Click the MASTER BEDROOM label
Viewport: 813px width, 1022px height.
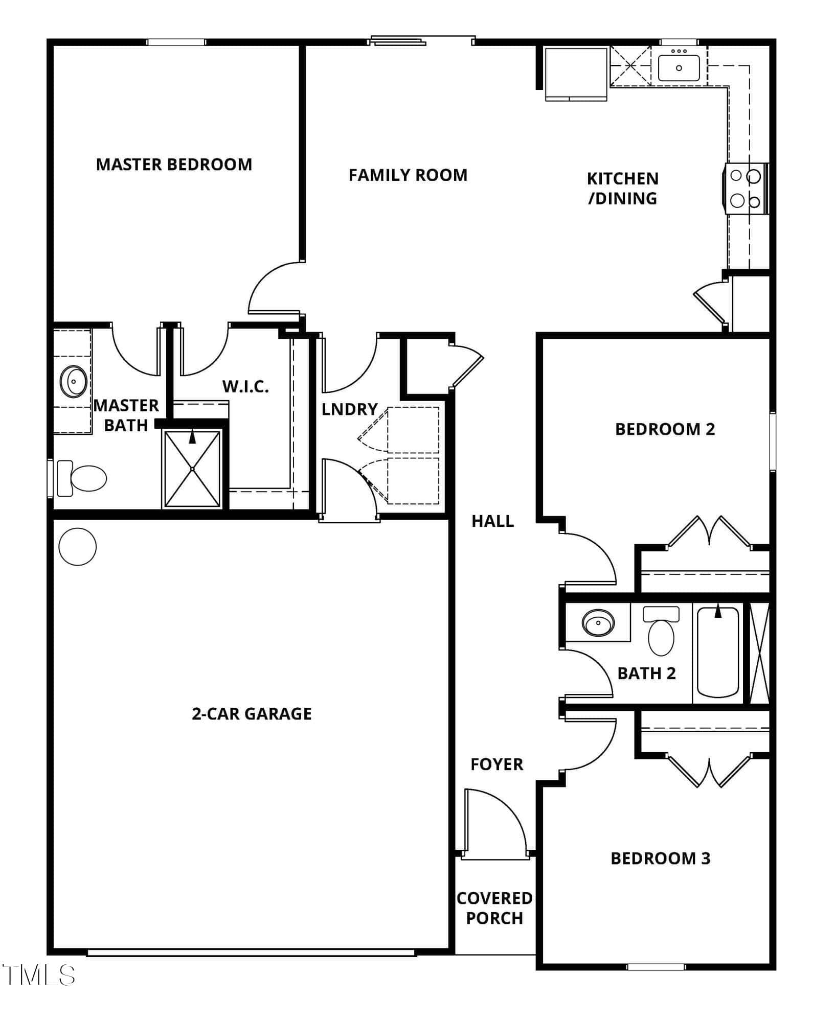174,165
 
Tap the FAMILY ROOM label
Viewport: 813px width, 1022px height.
408,175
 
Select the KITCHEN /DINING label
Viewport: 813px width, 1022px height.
623,189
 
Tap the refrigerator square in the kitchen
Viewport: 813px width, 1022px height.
575,74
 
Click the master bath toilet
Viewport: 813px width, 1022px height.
82,478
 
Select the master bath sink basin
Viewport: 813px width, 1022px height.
74,381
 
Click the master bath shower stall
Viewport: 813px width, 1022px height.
192,469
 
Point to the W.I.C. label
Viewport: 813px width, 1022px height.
245,386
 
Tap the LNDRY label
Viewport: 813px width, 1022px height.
350,409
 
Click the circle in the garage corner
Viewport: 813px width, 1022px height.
78,546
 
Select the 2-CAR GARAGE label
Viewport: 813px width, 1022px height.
252,714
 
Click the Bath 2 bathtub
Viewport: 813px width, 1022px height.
718,652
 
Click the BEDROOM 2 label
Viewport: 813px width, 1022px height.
665,429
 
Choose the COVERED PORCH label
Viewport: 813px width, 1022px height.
494,908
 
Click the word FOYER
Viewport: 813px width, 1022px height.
497,764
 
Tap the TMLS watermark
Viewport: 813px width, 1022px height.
39,975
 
